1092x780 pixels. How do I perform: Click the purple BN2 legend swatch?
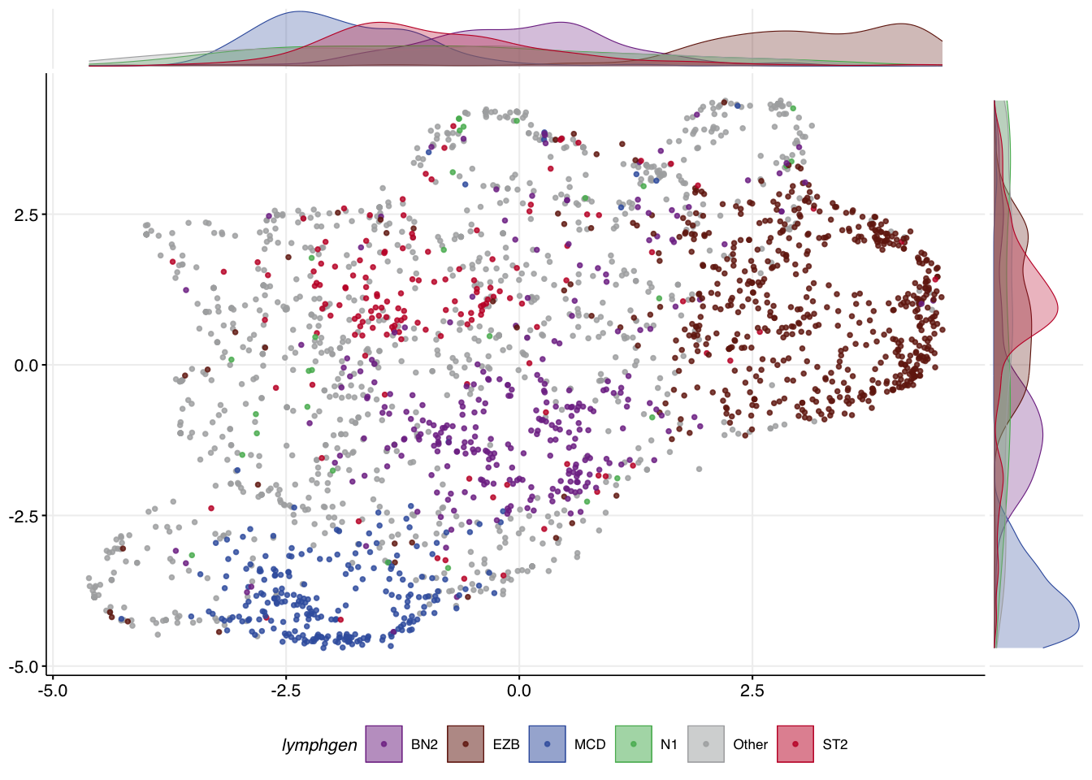click(383, 744)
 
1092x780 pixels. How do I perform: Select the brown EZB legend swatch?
click(466, 744)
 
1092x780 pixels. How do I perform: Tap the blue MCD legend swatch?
click(548, 744)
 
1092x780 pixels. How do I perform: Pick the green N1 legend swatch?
click(634, 744)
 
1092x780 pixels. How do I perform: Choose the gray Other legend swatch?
click(706, 744)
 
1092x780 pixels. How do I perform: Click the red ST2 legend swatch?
click(795, 744)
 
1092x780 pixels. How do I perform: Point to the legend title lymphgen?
click(319, 745)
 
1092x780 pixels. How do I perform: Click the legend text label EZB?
click(506, 744)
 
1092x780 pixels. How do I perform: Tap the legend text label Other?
click(750, 744)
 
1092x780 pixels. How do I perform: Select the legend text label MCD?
click(590, 744)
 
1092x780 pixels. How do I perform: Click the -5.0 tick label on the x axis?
click(53, 691)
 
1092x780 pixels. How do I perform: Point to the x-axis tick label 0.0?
click(519, 691)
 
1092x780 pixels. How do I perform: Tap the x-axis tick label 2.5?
click(752, 691)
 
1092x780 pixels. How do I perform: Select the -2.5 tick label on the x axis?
click(286, 691)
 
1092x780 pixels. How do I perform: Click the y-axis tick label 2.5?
click(26, 215)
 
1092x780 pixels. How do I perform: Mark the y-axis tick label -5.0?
click(24, 667)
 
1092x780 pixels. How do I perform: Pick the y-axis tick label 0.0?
click(26, 366)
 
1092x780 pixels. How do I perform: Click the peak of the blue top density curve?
click(299, 12)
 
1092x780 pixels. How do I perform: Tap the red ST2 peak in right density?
click(1057, 308)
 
